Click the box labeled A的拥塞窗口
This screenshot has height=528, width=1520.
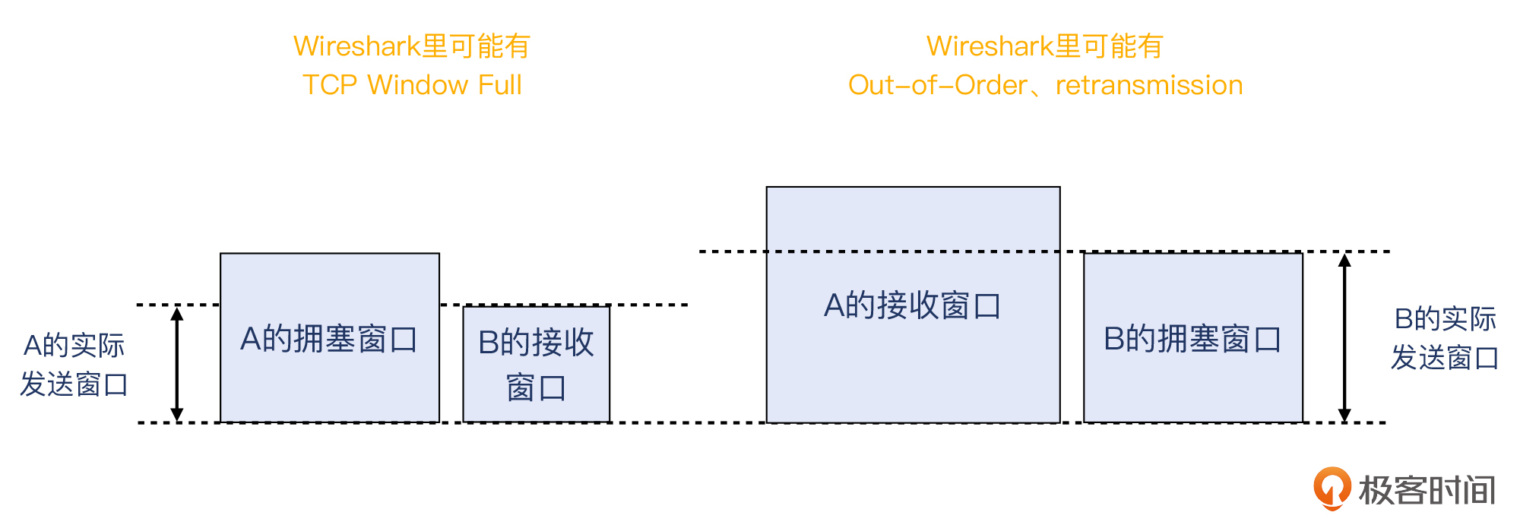[x=329, y=337]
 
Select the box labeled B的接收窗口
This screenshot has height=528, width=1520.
[x=536, y=364]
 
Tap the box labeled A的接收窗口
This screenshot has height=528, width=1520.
[x=913, y=305]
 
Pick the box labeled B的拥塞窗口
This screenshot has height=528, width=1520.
[x=1192, y=337]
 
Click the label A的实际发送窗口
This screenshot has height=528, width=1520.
[x=74, y=365]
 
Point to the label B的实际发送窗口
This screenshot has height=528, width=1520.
[x=1445, y=338]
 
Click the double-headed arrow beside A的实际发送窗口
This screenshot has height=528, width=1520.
[x=177, y=364]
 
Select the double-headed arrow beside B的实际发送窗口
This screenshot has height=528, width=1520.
[x=1344, y=337]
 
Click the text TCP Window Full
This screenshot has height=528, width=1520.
[x=412, y=84]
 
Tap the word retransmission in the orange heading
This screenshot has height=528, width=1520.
[x=1149, y=84]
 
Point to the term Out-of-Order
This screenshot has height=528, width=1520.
[x=938, y=84]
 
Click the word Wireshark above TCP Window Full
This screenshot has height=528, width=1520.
[x=356, y=46]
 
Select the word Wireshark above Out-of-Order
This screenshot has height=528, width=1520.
[x=990, y=46]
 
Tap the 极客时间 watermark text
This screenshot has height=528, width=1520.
[x=1427, y=490]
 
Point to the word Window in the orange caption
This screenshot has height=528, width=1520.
[x=417, y=84]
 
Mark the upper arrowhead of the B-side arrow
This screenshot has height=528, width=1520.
[x=1344, y=260]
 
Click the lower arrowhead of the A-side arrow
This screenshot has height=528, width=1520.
[x=177, y=414]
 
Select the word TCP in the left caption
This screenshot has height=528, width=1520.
[x=330, y=84]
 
